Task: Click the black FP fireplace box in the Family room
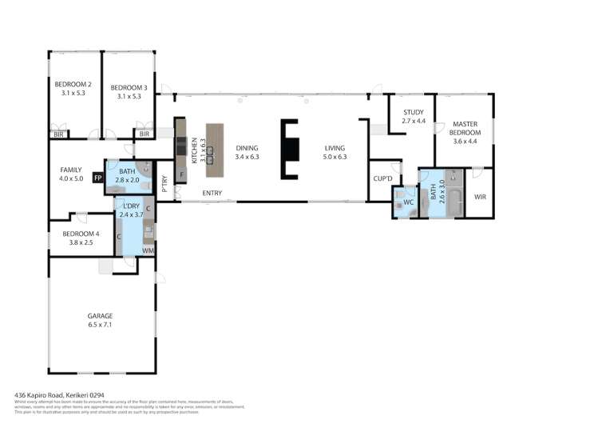[97, 178]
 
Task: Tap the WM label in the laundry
[147, 250]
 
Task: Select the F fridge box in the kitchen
[181, 174]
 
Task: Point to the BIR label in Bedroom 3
[145, 134]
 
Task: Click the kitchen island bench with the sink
[213, 150]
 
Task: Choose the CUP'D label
[380, 178]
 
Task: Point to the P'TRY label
[164, 185]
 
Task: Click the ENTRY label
[212, 193]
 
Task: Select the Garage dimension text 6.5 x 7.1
[101, 326]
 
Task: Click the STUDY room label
[413, 112]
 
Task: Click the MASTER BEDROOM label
[465, 128]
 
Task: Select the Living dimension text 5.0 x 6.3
[335, 158]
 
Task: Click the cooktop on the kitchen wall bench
[181, 146]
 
